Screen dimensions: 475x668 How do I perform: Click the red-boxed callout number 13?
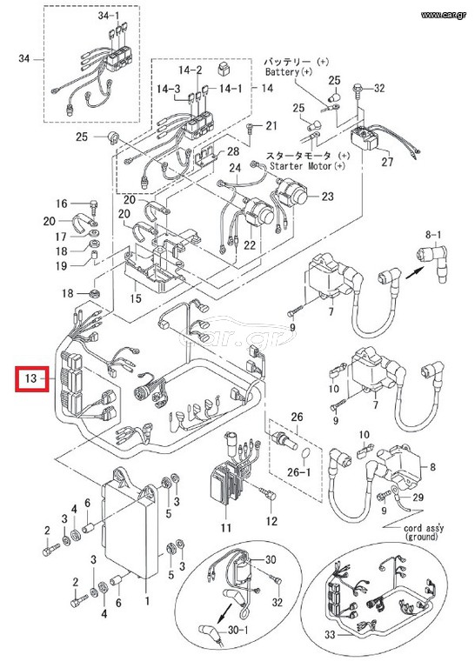pos(31,378)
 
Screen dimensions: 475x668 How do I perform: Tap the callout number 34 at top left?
pos(23,58)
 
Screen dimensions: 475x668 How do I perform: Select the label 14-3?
pos(168,90)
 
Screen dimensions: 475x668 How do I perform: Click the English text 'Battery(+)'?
pos(289,71)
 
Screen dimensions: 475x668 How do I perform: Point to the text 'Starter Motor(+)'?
pos(308,166)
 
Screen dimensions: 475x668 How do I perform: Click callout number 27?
pos(387,162)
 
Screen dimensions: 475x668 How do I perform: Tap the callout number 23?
pos(328,197)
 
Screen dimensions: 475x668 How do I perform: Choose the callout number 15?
pos(136,297)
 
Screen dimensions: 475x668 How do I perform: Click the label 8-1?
pos(433,234)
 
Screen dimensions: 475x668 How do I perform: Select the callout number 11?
pos(226,528)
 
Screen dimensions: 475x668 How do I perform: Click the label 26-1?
pos(298,472)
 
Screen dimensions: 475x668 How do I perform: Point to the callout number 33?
pos(331,635)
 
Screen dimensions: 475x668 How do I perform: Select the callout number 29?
pos(418,498)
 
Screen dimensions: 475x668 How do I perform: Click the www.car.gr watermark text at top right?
pos(444,16)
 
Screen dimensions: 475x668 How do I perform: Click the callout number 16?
pos(62,204)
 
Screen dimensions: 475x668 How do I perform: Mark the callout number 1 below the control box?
pos(147,601)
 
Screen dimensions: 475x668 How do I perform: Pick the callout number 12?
pos(271,521)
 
